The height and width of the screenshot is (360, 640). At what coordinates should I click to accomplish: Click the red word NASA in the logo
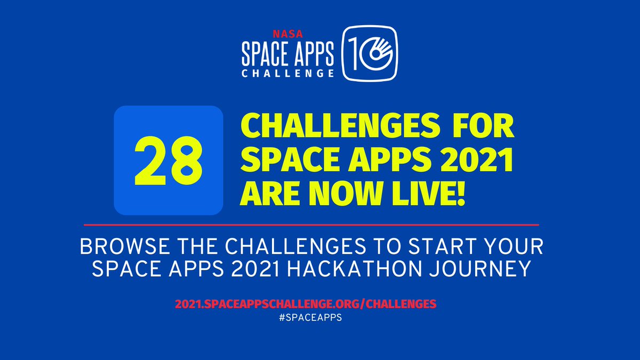tap(287, 33)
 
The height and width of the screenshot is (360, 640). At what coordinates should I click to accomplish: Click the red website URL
tap(306, 303)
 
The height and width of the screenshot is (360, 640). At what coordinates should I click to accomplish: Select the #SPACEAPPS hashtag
tap(306, 316)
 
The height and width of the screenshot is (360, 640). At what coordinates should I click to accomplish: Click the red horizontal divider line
tap(311, 225)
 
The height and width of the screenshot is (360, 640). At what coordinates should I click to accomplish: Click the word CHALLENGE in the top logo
tap(288, 73)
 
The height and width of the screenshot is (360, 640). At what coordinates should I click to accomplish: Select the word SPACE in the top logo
tap(265, 52)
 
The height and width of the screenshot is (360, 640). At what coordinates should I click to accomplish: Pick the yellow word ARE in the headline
tap(269, 195)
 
